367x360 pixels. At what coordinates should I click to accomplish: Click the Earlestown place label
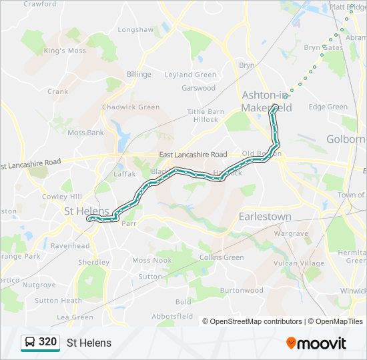(x=265, y=217)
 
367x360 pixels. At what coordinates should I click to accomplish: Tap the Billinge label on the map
(x=139, y=75)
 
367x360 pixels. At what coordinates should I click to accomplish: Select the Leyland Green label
(x=190, y=75)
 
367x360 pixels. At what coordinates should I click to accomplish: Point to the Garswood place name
(x=199, y=88)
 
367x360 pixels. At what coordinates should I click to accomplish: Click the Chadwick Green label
(x=131, y=107)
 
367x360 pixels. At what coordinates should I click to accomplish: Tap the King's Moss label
(x=65, y=51)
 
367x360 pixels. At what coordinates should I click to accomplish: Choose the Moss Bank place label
(x=85, y=133)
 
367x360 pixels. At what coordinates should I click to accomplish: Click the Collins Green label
(x=222, y=258)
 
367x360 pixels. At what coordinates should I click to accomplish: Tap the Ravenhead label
(x=70, y=245)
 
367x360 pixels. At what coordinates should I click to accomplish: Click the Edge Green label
(x=328, y=107)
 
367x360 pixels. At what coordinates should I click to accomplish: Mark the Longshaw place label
(x=135, y=30)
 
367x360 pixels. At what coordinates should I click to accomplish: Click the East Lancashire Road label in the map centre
(x=194, y=155)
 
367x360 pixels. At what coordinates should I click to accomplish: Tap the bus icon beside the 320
(x=30, y=343)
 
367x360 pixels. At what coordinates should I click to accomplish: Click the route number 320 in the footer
(x=47, y=342)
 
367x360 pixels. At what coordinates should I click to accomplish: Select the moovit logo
(x=316, y=343)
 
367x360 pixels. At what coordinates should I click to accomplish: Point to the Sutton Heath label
(x=58, y=301)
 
